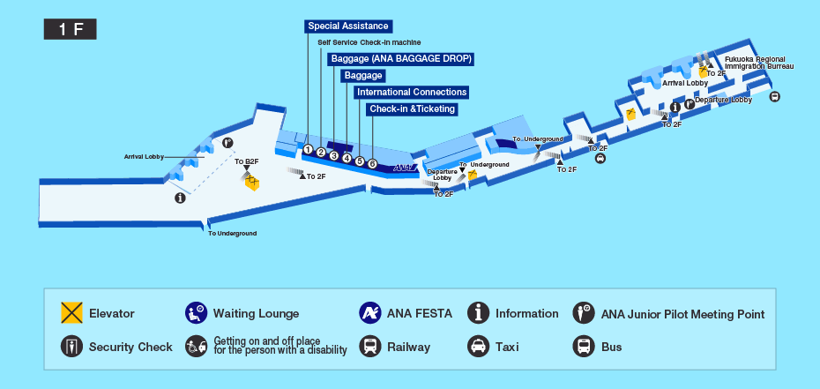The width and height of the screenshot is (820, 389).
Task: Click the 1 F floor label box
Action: [70, 29]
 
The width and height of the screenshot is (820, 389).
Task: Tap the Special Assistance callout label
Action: [348, 26]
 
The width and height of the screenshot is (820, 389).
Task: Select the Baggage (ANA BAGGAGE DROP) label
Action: [401, 59]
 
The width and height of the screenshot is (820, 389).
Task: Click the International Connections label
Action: [411, 92]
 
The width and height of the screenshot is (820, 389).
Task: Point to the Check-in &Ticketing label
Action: [412, 109]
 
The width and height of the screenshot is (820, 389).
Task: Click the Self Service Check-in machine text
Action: [369, 42]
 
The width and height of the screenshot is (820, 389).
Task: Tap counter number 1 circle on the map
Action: [308, 149]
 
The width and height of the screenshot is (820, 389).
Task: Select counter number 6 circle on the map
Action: [372, 163]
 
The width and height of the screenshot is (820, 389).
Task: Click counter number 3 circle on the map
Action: [334, 156]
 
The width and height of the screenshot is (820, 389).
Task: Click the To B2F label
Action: [246, 162]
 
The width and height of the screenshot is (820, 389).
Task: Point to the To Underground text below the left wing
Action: [232, 233]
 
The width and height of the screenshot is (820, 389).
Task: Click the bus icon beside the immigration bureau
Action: [774, 97]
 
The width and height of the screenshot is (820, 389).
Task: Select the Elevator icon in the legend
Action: [71, 313]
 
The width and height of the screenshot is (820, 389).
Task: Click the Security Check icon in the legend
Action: [71, 347]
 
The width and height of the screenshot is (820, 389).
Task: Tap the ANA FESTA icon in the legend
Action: [370, 313]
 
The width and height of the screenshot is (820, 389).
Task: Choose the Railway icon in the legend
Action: [370, 347]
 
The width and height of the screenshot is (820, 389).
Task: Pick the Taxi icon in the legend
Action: [478, 347]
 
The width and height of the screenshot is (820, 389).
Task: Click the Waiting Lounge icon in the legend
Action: [196, 313]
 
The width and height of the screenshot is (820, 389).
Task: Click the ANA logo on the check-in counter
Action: [402, 167]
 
